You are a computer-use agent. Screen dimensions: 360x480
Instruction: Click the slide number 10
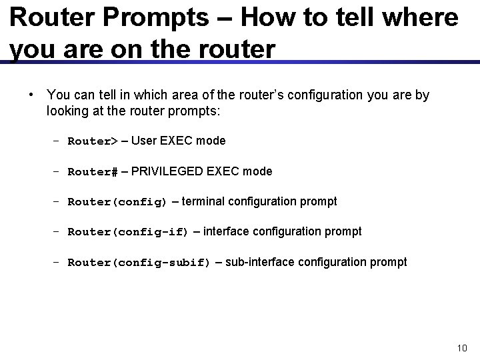[462, 348]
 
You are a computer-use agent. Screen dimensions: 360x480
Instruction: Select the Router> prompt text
[93, 141]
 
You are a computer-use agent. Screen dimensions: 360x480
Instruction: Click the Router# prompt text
[93, 172]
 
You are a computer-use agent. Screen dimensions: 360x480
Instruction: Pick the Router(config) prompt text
[118, 202]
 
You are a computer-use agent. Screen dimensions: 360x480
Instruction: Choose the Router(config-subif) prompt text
[139, 263]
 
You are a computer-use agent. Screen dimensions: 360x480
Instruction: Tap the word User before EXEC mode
[145, 141]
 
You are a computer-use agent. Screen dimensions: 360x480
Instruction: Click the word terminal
[203, 201]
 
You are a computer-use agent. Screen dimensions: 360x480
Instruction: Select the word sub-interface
[261, 262]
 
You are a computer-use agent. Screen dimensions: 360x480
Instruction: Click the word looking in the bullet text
[66, 111]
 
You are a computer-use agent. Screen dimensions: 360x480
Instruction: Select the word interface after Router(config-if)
[227, 231]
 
